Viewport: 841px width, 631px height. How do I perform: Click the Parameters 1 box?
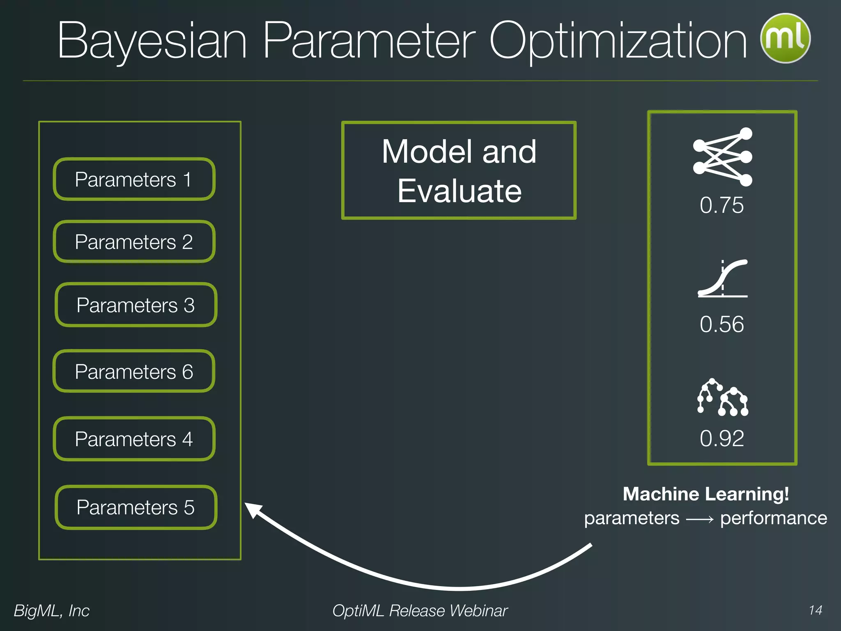[134, 180]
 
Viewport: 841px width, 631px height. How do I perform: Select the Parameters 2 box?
[134, 242]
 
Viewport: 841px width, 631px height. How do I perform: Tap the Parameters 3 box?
[136, 305]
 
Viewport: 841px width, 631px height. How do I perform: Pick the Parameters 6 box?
[134, 372]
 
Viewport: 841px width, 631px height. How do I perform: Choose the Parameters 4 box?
[134, 439]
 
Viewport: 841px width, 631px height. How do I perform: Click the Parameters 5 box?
[136, 507]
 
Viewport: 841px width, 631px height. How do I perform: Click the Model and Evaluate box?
[459, 170]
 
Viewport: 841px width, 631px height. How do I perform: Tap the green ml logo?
[785, 38]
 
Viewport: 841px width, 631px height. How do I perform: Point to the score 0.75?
[722, 205]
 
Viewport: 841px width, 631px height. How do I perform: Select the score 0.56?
[722, 324]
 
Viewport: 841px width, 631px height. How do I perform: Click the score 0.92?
[722, 438]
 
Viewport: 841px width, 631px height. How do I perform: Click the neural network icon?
[722, 157]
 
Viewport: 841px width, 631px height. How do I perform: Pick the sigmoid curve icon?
[722, 278]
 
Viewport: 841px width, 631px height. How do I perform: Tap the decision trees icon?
[722, 397]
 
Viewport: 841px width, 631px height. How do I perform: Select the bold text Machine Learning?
[705, 494]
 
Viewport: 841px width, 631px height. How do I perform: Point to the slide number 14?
[815, 610]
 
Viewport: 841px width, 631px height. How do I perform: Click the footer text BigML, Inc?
[51, 611]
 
